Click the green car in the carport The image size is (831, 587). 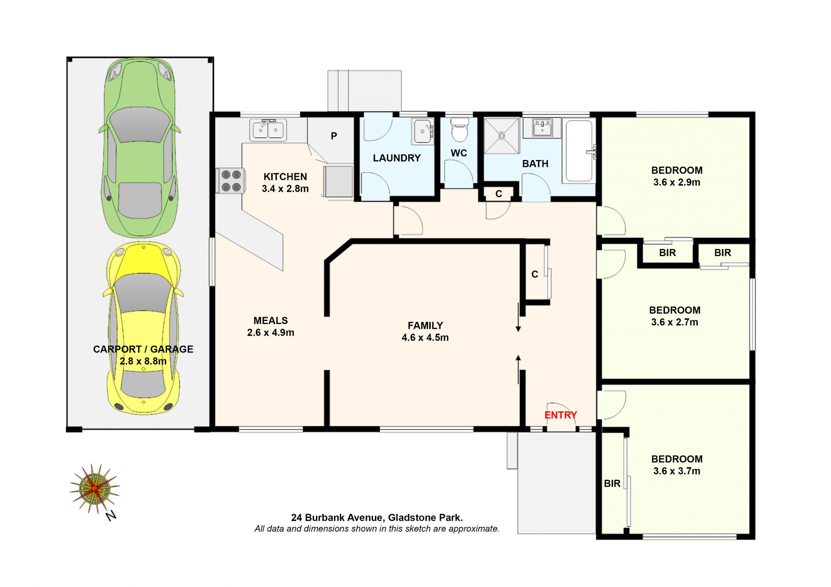tap(140, 148)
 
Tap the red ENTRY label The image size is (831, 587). tap(560, 415)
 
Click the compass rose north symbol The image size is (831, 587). tap(94, 489)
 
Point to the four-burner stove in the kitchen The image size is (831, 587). tap(231, 181)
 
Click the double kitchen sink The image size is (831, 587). tap(268, 129)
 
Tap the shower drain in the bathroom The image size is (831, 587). tap(502, 136)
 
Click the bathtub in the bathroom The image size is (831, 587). tap(579, 151)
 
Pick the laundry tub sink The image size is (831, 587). tap(422, 131)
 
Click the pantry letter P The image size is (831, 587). tap(334, 136)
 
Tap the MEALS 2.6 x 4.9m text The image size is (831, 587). tap(271, 327)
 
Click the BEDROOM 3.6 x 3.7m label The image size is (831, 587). tap(677, 465)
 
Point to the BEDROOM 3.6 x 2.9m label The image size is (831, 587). tap(677, 176)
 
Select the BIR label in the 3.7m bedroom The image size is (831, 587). tap(612, 484)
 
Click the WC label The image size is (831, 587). tap(459, 153)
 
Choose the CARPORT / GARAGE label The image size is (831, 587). tap(143, 355)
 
